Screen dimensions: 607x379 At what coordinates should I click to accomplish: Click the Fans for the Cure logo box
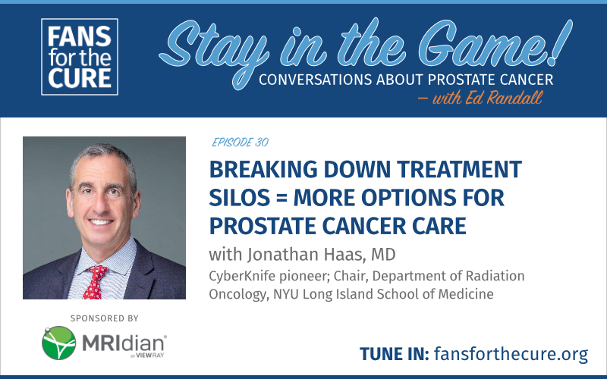click(x=80, y=57)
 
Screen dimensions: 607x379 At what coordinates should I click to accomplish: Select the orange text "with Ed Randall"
click(x=487, y=98)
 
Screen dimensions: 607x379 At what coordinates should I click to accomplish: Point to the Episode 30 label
click(x=240, y=143)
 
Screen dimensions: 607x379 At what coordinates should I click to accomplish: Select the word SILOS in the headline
click(x=238, y=198)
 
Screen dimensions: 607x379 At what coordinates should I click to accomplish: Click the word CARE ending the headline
click(x=439, y=226)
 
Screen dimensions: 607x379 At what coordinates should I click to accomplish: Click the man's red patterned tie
click(x=94, y=282)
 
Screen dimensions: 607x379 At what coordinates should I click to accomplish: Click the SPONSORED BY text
click(x=104, y=318)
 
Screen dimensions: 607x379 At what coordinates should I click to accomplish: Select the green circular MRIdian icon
click(x=59, y=343)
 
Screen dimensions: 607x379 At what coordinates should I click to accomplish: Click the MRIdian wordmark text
click(x=124, y=343)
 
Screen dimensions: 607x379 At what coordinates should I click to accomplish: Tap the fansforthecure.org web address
click(x=511, y=353)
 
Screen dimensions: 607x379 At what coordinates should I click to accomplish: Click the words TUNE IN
click(x=394, y=354)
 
